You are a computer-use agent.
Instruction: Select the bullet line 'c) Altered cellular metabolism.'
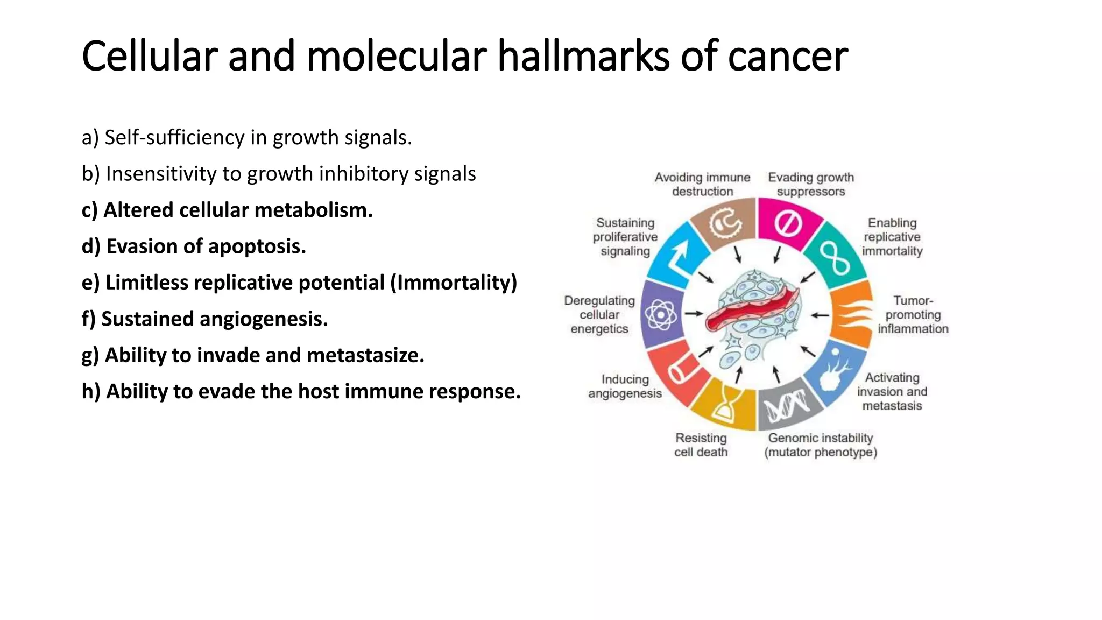point(227,210)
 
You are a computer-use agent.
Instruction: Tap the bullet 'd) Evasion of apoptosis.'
point(194,246)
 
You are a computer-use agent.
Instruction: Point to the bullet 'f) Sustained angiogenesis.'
point(204,319)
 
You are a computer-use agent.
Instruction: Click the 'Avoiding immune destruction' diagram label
point(702,184)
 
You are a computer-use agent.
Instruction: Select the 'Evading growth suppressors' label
point(811,184)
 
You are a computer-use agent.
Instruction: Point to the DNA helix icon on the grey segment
point(787,406)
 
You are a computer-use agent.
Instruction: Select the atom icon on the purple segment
point(661,314)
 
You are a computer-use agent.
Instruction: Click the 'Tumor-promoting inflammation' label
point(913,315)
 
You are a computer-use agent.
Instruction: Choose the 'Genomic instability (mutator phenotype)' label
point(821,445)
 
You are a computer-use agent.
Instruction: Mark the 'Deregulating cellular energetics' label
point(599,315)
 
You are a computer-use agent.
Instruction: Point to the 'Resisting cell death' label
point(701,445)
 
